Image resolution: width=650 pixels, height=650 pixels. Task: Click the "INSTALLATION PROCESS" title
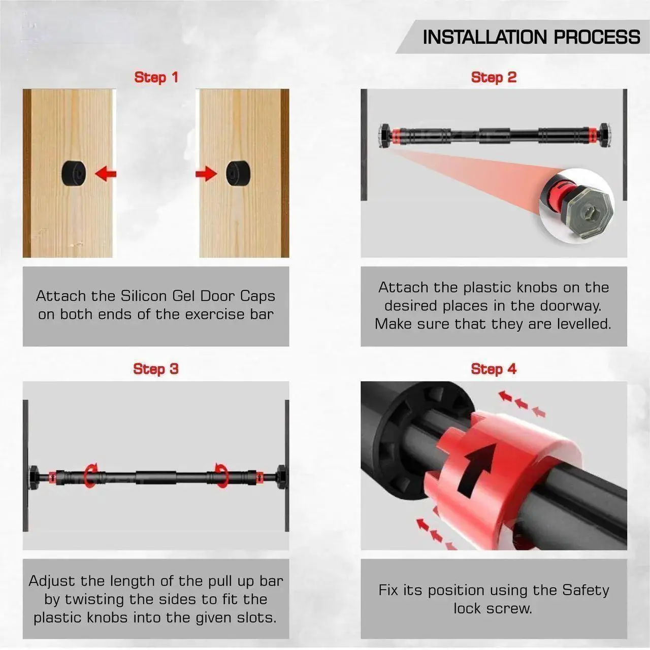click(531, 37)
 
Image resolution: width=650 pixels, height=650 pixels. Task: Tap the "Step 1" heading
click(156, 77)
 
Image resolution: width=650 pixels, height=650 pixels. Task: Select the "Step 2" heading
click(494, 77)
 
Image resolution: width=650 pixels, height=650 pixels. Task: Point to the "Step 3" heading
click(156, 369)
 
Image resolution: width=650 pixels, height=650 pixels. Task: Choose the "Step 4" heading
click(494, 369)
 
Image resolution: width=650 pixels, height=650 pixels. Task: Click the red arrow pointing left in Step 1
click(106, 174)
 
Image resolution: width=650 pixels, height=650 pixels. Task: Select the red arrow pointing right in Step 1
click(206, 174)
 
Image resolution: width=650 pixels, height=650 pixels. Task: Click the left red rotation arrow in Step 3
click(90, 475)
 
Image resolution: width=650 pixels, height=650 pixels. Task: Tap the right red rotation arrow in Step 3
click(221, 475)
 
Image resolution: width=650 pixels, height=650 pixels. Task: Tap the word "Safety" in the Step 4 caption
click(586, 590)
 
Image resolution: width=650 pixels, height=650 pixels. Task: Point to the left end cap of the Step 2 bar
click(384, 136)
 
